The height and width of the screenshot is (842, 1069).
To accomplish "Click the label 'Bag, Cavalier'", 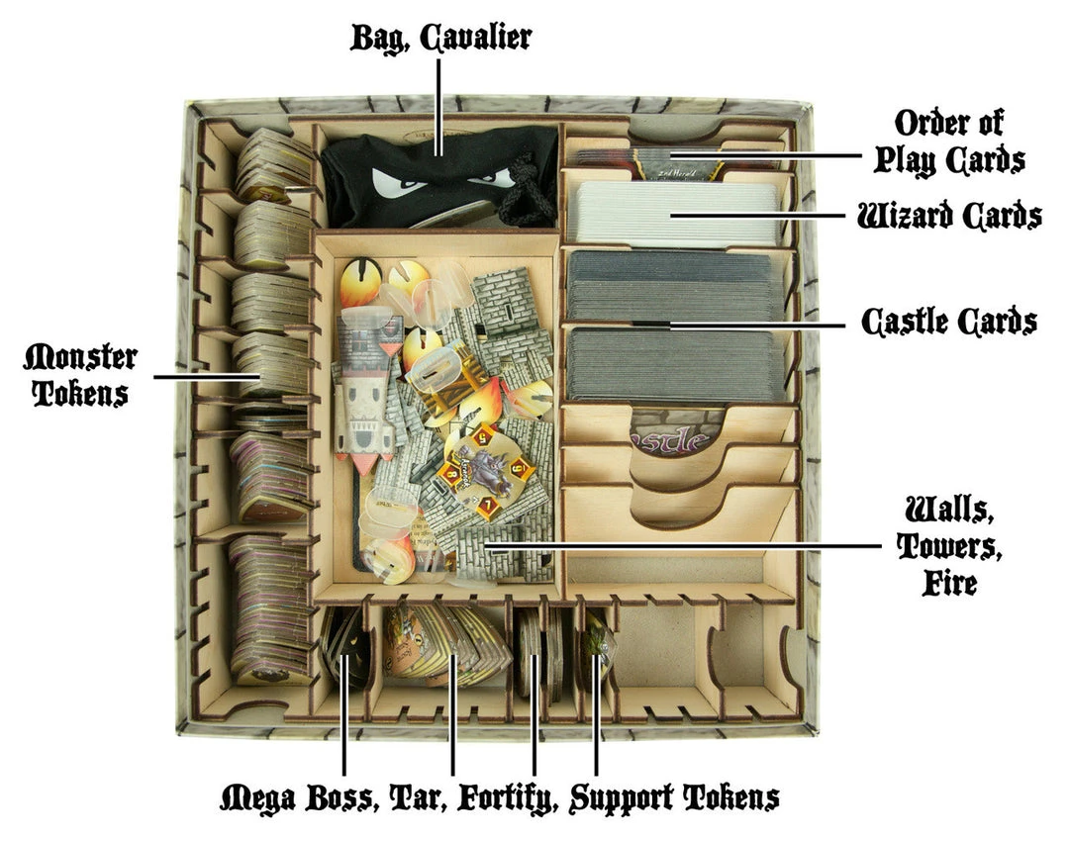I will tap(440, 39).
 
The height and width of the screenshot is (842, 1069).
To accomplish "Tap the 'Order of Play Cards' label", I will tap(958, 140).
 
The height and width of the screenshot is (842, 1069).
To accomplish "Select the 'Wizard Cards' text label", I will tap(948, 215).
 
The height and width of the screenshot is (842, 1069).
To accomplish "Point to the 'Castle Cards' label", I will tap(948, 322).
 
